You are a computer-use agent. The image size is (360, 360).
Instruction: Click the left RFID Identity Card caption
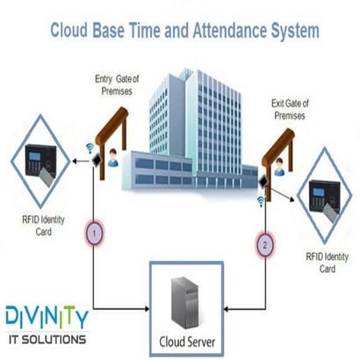tap(38, 227)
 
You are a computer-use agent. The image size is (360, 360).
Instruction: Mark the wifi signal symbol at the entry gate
tap(91, 150)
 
